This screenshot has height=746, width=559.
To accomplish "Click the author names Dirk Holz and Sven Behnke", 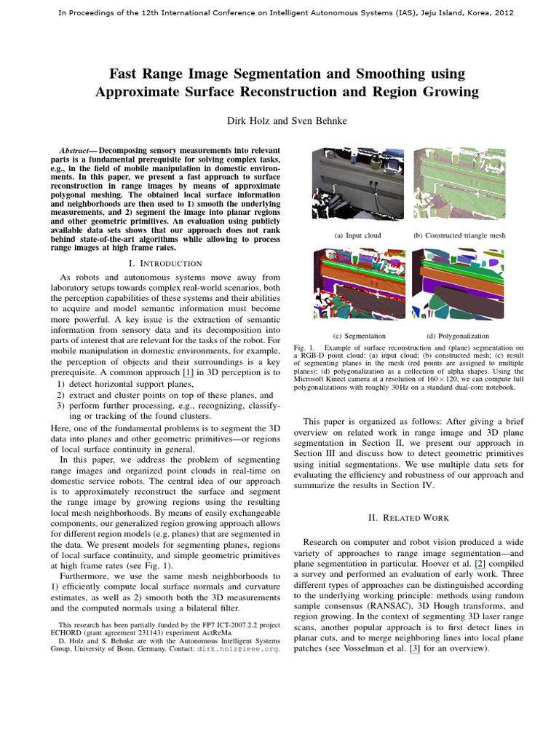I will tap(279, 121).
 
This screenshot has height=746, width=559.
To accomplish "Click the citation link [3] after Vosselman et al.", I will tap(414, 648).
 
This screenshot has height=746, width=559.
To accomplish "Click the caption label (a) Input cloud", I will tap(358, 236).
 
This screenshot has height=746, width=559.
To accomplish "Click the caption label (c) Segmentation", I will tap(359, 337).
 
